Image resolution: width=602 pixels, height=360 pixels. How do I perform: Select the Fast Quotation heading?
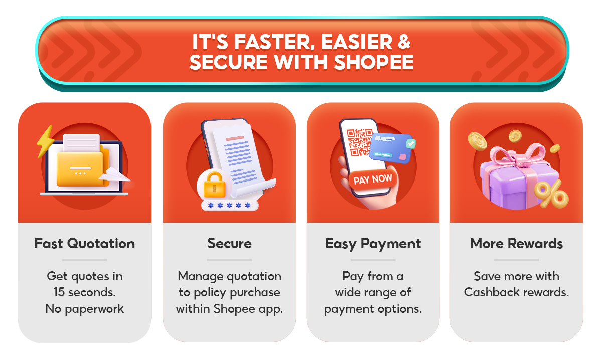(84, 244)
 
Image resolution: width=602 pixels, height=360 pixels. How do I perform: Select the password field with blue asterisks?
(230, 206)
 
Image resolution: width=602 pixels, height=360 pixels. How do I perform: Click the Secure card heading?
(229, 244)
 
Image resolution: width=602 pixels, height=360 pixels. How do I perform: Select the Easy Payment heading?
(373, 244)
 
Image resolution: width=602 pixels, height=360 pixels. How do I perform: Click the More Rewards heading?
(516, 244)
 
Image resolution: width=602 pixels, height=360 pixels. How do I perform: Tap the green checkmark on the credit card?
(411, 144)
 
